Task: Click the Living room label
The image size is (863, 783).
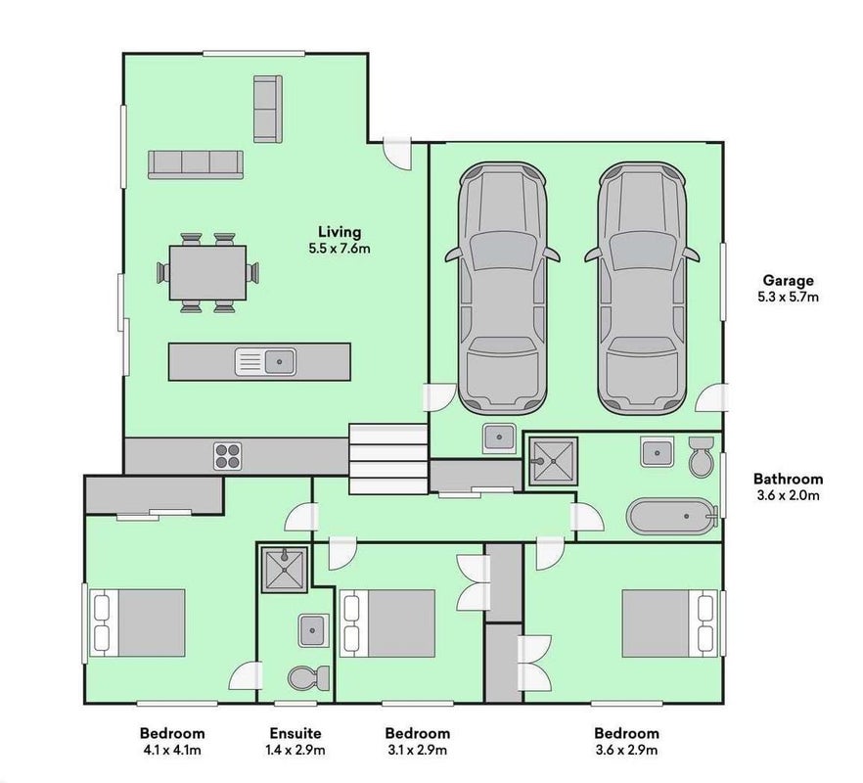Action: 340,232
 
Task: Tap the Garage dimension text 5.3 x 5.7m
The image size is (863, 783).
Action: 789,298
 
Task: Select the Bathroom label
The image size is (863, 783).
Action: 789,479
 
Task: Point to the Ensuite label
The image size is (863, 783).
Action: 295,733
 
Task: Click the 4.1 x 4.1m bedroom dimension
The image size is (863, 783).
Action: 172,750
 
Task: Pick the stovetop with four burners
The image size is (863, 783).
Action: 228,456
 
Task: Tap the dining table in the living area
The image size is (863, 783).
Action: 207,273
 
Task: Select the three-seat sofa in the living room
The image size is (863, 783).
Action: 196,164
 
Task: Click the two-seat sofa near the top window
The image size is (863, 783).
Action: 268,109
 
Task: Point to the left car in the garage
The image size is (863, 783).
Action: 503,288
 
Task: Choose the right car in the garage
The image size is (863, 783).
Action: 642,288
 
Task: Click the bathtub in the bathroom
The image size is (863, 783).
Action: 672,517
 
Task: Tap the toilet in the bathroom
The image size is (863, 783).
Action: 701,456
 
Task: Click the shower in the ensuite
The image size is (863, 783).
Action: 284,570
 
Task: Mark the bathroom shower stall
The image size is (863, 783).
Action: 553,461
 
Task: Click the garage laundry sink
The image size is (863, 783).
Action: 499,438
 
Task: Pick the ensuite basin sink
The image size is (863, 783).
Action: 314,630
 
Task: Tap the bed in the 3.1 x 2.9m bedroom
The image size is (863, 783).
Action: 387,623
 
